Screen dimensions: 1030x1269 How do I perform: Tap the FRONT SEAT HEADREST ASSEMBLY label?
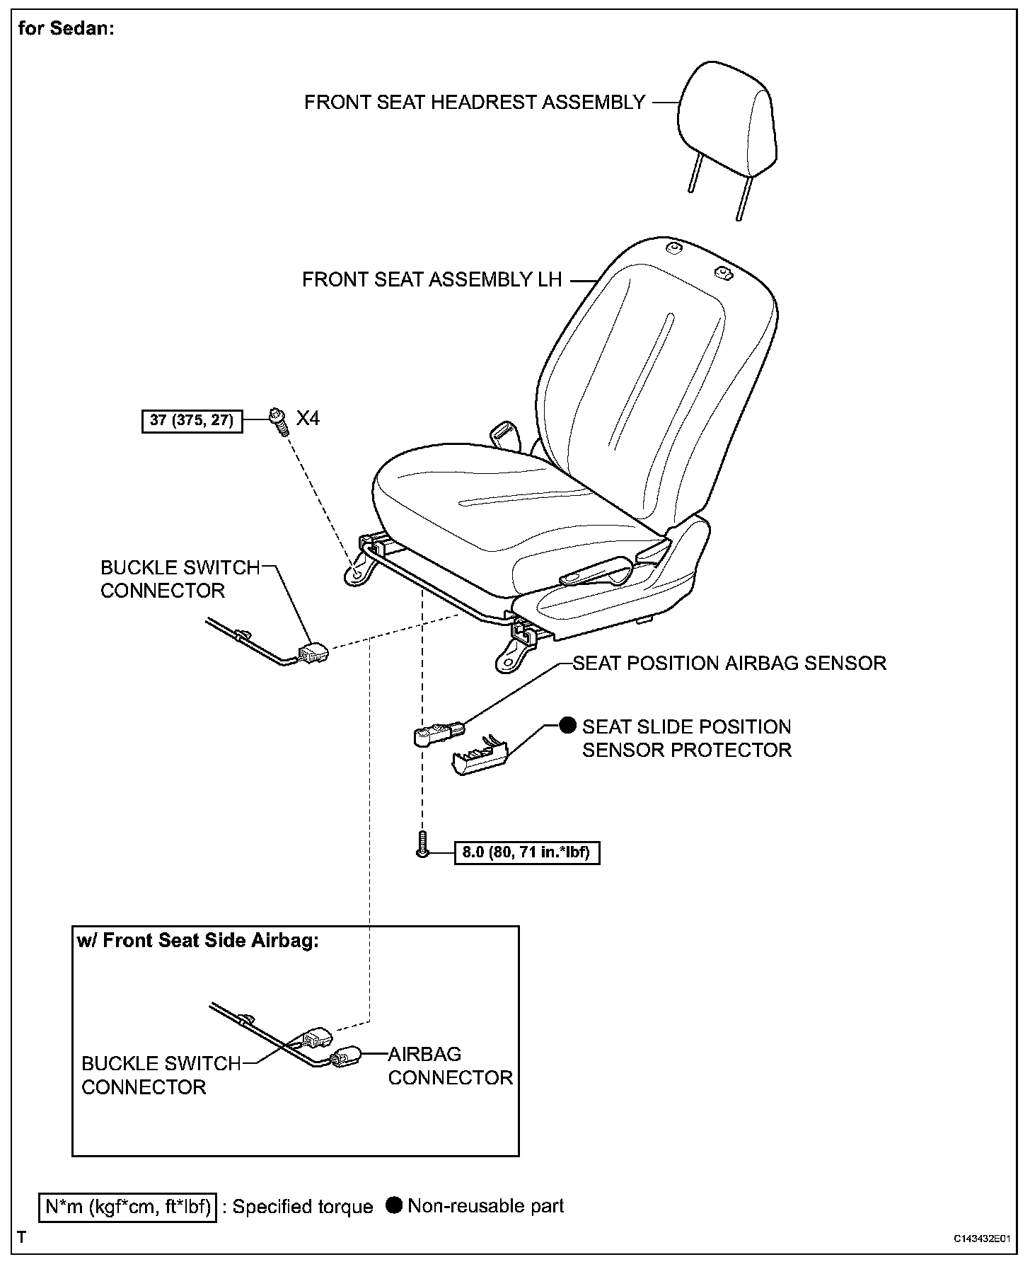click(474, 103)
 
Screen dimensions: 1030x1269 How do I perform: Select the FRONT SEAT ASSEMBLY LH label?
click(432, 280)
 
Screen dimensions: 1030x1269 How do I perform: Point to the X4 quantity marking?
click(308, 419)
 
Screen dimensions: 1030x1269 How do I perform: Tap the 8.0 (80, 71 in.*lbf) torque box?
click(526, 852)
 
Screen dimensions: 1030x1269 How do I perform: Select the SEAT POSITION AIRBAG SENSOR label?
click(729, 664)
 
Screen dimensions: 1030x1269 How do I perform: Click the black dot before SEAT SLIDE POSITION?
click(567, 726)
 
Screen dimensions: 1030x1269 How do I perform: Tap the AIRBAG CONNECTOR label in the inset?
click(450, 1065)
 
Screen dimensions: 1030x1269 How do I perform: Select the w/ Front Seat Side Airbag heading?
click(197, 941)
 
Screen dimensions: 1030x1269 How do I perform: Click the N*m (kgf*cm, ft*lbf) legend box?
click(128, 1206)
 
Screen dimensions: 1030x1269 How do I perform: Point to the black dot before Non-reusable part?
click(395, 1205)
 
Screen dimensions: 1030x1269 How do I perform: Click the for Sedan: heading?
click(66, 29)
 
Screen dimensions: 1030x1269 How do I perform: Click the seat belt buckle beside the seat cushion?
click(504, 431)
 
